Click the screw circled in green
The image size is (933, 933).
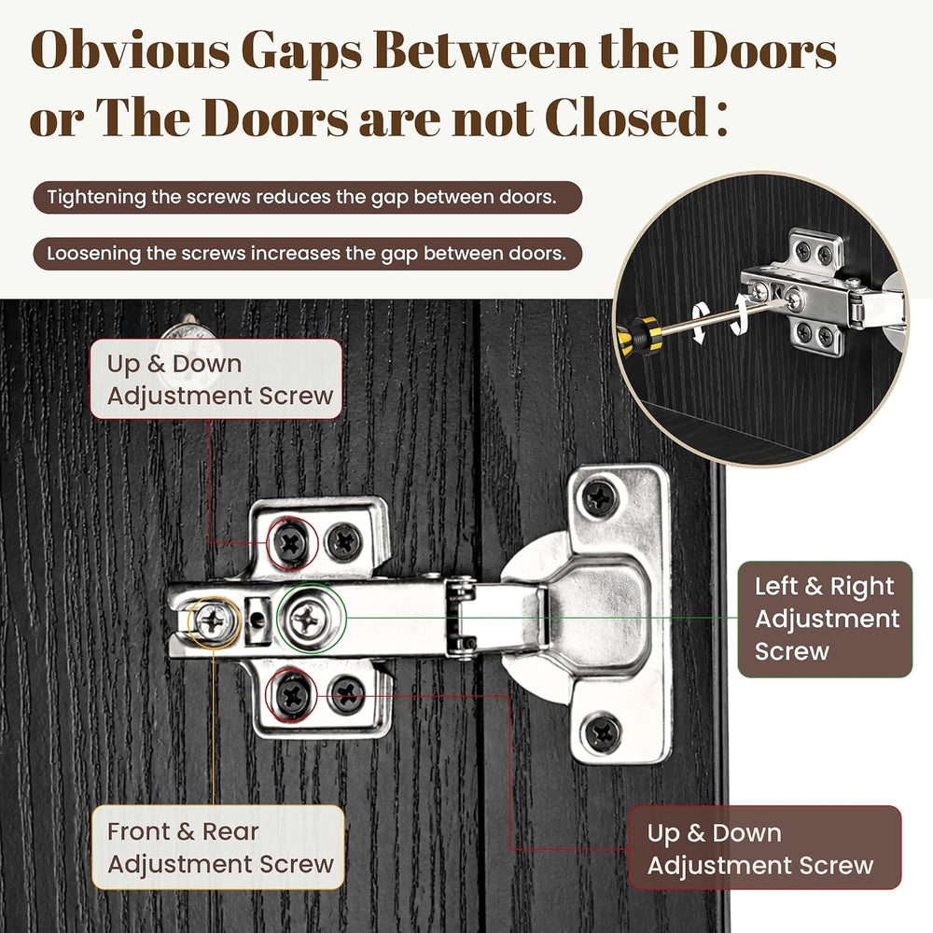point(308,619)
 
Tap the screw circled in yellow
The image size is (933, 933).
point(214,621)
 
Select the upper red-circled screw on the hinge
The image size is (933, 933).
point(291,543)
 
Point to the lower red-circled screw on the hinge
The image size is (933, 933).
point(292,695)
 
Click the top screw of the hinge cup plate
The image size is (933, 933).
point(600,497)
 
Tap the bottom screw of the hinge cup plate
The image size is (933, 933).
point(602,731)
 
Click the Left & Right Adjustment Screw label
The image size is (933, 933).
point(825,619)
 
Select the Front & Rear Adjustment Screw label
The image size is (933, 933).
point(218,847)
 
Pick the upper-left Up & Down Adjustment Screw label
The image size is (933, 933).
point(216,379)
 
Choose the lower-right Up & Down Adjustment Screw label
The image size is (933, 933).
point(765,848)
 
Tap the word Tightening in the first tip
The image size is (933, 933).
point(96,198)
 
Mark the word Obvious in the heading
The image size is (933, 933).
point(131,49)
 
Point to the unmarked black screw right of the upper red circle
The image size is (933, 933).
point(343,541)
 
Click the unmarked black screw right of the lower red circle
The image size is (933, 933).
point(347,694)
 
